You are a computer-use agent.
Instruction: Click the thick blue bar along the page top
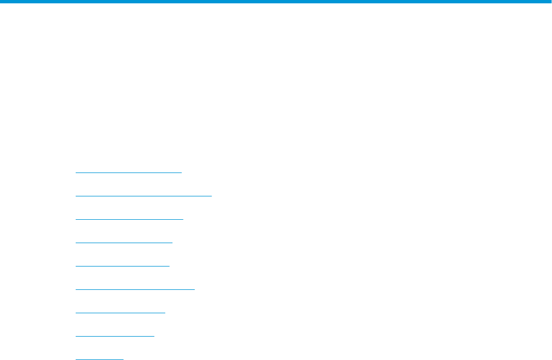pos(276,2)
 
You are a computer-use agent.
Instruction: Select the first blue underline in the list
pos(129,172)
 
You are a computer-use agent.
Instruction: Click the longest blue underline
pos(144,196)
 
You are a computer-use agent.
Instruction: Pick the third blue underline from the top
pos(129,219)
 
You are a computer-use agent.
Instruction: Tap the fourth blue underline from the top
pos(124,243)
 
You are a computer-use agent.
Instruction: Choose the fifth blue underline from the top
pos(122,266)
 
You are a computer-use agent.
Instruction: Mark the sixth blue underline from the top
pos(135,289)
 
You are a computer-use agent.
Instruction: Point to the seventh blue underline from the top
pos(120,313)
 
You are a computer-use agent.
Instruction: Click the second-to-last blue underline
pos(115,336)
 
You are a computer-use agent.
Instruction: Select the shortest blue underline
pos(100,359)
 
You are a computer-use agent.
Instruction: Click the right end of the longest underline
pos(211,196)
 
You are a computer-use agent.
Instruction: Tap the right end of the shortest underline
pos(123,359)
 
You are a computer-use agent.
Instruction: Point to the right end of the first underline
pos(181,172)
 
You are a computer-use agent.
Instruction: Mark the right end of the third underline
pos(183,219)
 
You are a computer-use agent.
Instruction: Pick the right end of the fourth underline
pos(172,243)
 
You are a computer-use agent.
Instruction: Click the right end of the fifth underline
pos(169,266)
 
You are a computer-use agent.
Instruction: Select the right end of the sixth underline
pos(195,289)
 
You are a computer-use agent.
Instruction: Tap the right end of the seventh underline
pos(165,313)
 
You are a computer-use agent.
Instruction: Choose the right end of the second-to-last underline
pos(154,336)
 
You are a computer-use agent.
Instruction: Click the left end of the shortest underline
pos(76,359)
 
